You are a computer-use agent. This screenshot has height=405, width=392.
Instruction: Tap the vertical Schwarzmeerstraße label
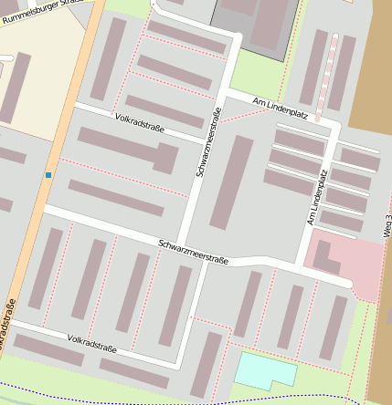click(208, 142)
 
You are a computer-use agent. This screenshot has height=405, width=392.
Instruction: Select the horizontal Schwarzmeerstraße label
click(192, 251)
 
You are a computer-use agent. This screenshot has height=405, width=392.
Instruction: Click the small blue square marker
click(48, 174)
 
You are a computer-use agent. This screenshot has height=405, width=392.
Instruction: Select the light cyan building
click(267, 370)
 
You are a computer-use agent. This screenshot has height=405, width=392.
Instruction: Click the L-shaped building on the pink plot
click(325, 258)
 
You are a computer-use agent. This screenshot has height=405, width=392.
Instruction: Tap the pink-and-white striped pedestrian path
click(326, 78)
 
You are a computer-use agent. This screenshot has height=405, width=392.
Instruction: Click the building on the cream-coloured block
click(15, 87)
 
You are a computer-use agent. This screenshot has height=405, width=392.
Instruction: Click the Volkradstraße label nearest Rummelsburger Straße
click(140, 123)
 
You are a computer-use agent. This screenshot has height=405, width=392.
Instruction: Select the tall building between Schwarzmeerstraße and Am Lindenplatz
click(232, 182)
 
